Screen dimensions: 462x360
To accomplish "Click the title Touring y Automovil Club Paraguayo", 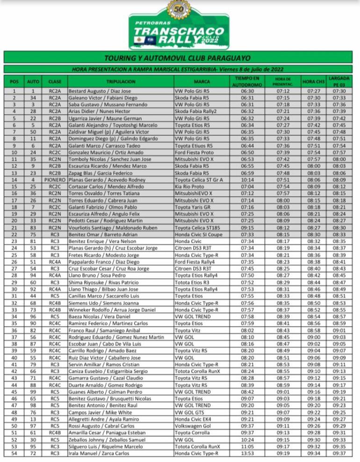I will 180,58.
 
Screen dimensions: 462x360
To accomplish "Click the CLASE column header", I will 55,81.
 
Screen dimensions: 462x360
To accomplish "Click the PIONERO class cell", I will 55,180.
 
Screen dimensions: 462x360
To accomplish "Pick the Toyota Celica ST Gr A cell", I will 198,180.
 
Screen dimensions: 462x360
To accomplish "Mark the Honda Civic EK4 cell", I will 193,419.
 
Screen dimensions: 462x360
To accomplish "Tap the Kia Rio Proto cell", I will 190,187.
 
